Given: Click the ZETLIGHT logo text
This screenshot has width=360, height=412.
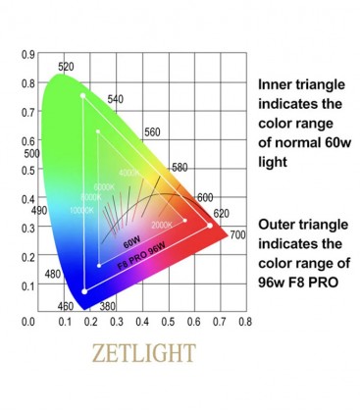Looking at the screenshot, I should [x=139, y=351].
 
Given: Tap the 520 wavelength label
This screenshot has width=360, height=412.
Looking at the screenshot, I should [x=66, y=67].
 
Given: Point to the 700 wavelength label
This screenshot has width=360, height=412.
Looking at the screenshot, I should [x=237, y=235].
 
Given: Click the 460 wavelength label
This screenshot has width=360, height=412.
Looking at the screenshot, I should [x=66, y=307].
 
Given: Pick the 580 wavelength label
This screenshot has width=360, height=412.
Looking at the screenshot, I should [x=179, y=167].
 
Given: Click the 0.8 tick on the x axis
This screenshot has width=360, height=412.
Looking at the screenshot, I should [x=244, y=321].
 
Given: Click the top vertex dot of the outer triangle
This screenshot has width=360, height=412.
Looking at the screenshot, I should [x=82, y=95].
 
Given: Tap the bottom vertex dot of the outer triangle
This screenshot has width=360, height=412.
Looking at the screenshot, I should [x=85, y=290].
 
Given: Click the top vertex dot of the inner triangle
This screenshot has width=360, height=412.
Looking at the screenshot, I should [x=98, y=130].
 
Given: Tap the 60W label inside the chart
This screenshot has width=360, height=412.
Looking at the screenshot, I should [x=130, y=239].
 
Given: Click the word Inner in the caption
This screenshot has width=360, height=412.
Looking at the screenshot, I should [x=277, y=85].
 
